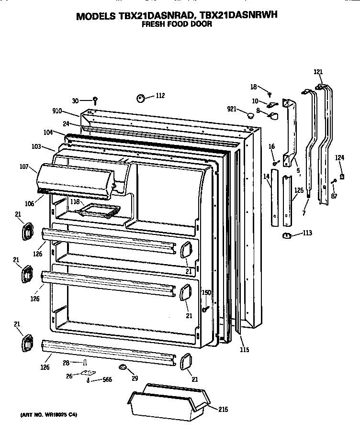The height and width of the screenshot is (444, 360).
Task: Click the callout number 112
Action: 159,96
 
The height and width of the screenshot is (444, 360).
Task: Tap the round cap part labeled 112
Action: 141,98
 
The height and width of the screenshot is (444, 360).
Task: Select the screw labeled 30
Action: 95,100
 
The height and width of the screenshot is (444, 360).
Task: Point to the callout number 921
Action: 233,110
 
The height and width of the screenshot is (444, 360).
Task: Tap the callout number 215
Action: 223,410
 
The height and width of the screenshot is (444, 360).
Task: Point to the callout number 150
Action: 206,292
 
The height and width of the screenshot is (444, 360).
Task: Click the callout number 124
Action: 339,157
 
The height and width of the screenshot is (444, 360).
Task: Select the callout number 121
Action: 318,72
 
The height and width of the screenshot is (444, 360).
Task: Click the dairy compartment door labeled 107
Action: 74,179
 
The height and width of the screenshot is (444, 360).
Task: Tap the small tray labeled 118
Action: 98,209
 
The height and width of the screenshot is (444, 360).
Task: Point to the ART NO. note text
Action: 48,415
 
